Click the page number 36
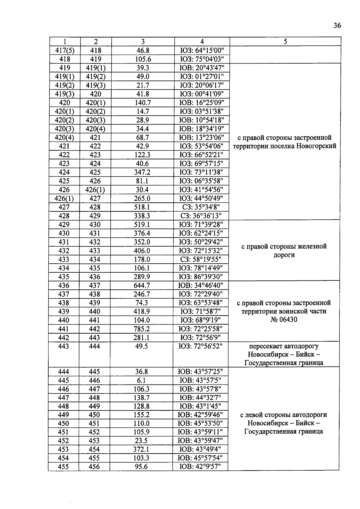[337, 26]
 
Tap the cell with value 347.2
[142, 172]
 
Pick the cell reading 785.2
[142, 329]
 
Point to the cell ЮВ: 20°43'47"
[202, 68]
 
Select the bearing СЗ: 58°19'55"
[201, 259]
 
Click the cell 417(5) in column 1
[65, 51]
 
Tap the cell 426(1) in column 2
[95, 190]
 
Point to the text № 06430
[283, 320]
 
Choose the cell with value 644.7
[142, 286]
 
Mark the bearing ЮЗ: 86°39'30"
[201, 277]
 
